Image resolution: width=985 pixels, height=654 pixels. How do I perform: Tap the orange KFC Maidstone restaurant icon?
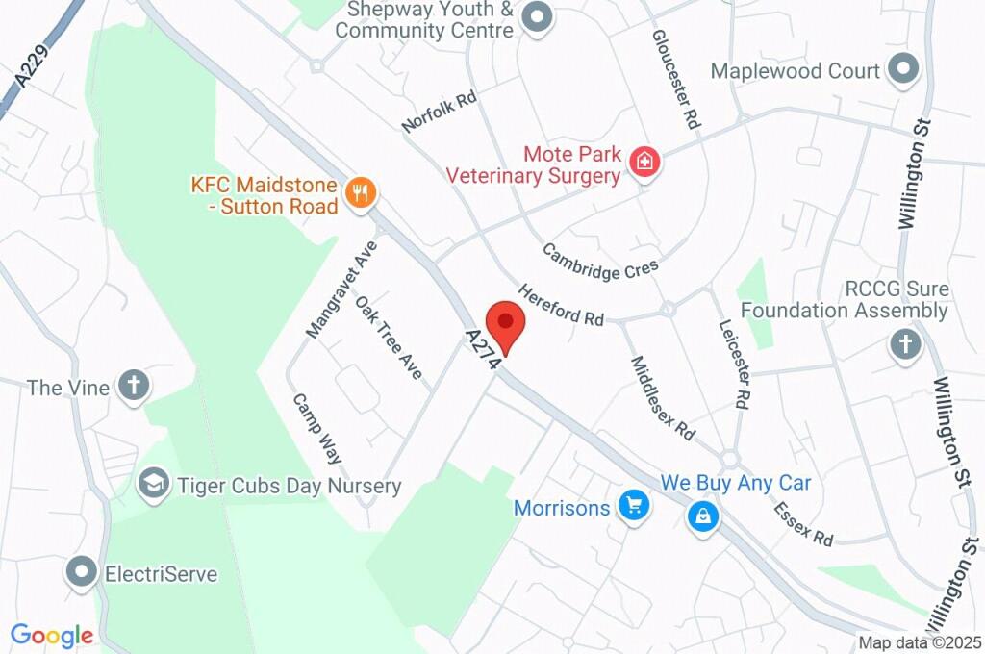pyautogui.click(x=361, y=192)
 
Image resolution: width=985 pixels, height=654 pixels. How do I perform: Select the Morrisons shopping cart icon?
pyautogui.click(x=633, y=505)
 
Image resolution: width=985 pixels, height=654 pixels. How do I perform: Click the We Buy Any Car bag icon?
pyautogui.click(x=704, y=516)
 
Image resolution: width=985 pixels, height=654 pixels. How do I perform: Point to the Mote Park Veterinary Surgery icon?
pyautogui.click(x=644, y=162)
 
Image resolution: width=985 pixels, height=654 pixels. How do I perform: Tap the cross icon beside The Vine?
pyautogui.click(x=134, y=387)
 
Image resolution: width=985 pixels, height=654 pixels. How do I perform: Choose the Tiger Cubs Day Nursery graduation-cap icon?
pyautogui.click(x=153, y=484)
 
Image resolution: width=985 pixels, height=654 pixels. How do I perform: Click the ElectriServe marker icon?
pyautogui.click(x=82, y=573)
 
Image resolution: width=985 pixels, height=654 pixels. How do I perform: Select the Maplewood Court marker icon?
pyautogui.click(x=902, y=70)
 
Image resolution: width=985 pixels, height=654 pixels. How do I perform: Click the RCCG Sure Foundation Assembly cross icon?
pyautogui.click(x=904, y=343)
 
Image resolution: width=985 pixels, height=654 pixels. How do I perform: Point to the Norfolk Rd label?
pyautogui.click(x=440, y=113)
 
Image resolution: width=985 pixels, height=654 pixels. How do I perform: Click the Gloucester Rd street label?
pyautogui.click(x=675, y=80)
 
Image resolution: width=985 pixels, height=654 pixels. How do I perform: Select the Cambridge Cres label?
pyautogui.click(x=600, y=261)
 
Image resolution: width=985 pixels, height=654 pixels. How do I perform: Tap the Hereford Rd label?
pyautogui.click(x=561, y=304)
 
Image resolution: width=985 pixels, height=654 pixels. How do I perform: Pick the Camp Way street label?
pyautogui.click(x=317, y=429)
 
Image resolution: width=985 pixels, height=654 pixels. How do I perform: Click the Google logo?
pyautogui.click(x=52, y=636)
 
